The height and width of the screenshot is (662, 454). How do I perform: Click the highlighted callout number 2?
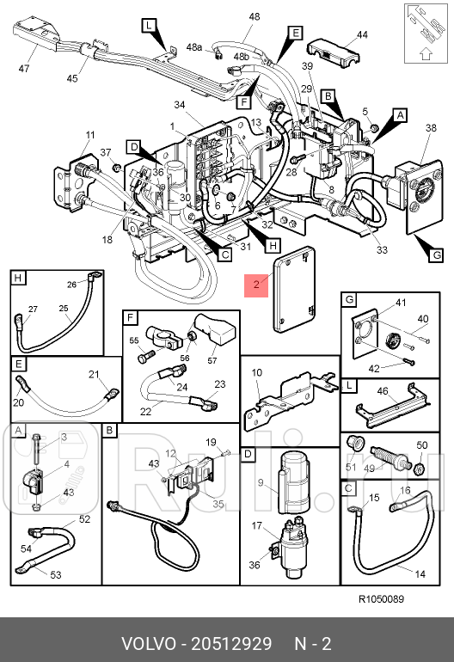point(256,285)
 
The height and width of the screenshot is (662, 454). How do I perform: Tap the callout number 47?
point(24,68)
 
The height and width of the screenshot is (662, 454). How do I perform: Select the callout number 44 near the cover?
point(362,34)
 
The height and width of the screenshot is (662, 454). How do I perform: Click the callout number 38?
point(431,127)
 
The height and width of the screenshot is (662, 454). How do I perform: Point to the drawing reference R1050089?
point(381,598)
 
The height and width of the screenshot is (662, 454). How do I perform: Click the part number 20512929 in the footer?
point(231,644)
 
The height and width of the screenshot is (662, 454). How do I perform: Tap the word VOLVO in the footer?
point(149,644)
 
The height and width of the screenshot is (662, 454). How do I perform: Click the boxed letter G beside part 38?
point(436,254)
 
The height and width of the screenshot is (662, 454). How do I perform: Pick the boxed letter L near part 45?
point(149,25)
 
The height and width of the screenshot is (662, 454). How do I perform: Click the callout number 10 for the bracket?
point(257,372)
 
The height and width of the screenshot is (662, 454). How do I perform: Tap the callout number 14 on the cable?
point(420,573)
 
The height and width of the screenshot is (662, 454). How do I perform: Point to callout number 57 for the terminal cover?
point(212,360)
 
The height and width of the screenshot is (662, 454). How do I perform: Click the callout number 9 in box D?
point(261,482)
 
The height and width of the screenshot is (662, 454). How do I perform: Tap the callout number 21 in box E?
point(94,374)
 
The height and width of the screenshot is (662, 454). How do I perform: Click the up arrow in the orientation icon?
point(426,54)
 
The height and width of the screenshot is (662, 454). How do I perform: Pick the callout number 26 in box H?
point(71,284)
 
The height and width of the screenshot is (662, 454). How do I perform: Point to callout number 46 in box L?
point(383,391)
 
